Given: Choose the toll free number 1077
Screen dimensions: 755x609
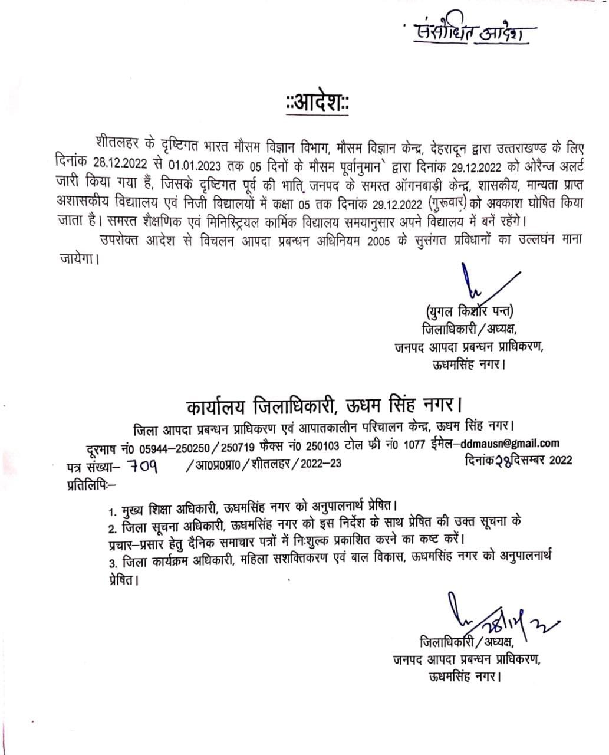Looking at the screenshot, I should point(414,445).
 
